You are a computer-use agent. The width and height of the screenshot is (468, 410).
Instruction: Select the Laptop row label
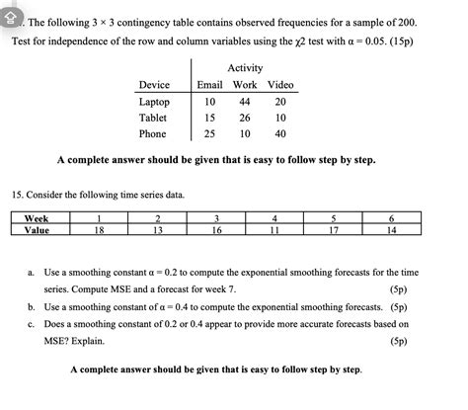coord(155,102)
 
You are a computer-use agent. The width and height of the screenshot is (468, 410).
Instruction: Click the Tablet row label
coord(154,118)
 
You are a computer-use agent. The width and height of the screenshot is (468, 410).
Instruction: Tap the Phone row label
coord(153,133)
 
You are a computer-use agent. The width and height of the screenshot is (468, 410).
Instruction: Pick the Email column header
coord(209,85)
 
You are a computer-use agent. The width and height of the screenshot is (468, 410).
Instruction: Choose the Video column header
coord(280,85)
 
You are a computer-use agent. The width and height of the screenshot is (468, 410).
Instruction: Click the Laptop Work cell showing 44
coord(244,102)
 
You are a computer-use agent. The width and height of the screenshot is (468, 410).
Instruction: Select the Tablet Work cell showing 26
coord(244,118)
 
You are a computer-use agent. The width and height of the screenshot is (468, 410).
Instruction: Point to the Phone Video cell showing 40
coord(279,133)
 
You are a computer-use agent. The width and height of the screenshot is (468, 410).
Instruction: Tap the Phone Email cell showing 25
coord(209,133)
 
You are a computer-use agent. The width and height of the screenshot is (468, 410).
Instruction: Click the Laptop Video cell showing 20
coord(279,102)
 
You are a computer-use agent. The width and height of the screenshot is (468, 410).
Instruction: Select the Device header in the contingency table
coord(155,85)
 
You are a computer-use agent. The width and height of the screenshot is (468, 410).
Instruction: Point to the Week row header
coord(38,218)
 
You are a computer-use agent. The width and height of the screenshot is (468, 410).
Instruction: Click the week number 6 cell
coord(393,218)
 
